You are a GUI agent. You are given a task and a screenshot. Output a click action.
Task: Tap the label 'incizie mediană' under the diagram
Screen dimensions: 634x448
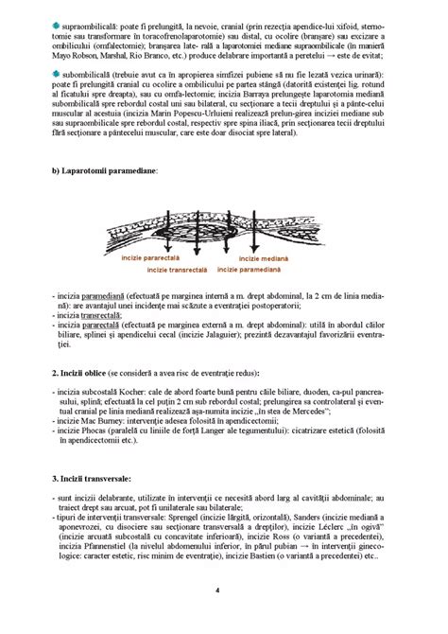click(264, 257)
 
